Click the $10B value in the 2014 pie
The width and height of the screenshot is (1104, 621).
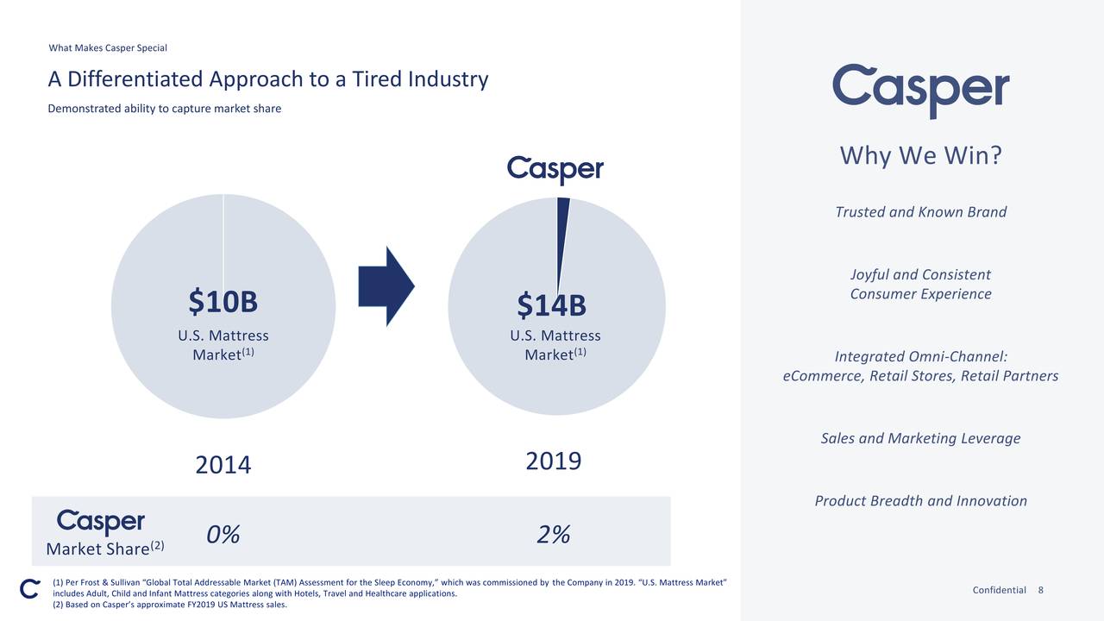point(223,302)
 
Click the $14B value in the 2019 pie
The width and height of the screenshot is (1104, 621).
point(552,305)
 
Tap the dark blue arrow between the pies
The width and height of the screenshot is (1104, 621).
point(386,286)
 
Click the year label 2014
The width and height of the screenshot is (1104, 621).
point(223,466)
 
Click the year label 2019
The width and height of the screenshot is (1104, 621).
point(553,461)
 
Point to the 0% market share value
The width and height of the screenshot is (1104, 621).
point(223,536)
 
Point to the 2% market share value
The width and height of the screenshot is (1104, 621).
point(553,536)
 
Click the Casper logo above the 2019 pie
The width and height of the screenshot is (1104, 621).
point(555,169)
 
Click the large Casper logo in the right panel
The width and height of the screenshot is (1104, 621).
point(920,90)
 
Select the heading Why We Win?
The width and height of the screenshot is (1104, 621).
point(920,157)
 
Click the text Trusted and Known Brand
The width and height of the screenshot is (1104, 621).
point(920,212)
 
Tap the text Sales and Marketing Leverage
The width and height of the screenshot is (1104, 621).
point(920,438)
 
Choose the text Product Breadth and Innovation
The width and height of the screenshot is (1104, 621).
point(920,501)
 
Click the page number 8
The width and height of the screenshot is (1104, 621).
point(1041,590)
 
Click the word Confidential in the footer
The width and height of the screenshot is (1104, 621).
point(999,590)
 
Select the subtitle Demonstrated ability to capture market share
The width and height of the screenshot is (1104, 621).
point(164,109)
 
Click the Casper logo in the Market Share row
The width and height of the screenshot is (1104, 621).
point(101,523)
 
